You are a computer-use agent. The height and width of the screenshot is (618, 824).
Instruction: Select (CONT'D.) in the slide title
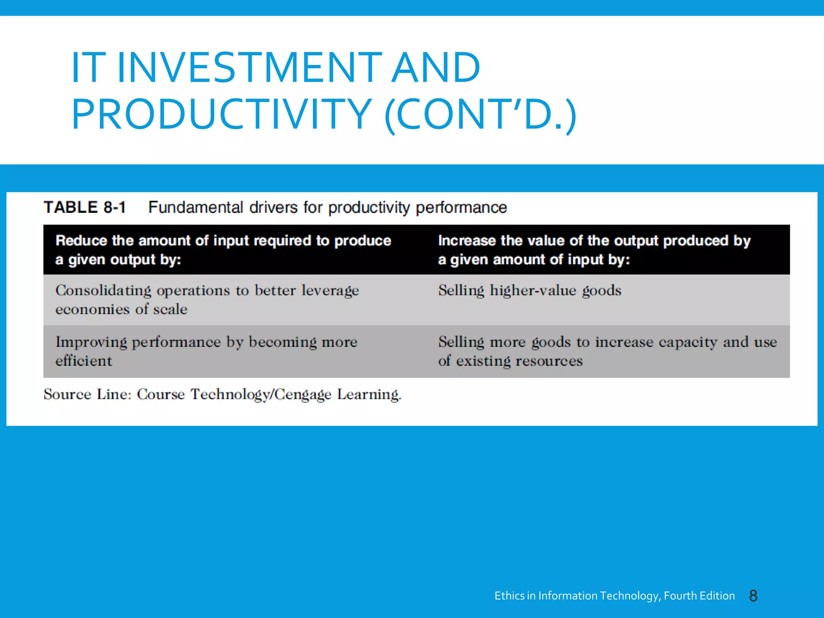pyautogui.click(x=480, y=115)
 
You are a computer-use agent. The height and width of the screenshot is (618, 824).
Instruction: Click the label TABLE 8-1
pyautogui.click(x=85, y=208)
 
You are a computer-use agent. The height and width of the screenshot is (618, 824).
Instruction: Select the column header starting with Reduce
pyautogui.click(x=223, y=250)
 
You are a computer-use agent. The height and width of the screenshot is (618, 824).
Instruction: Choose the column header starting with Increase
pyautogui.click(x=594, y=250)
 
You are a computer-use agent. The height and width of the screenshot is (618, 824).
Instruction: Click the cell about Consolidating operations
pyautogui.click(x=207, y=300)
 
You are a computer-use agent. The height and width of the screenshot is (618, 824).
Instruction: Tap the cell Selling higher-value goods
pyautogui.click(x=529, y=290)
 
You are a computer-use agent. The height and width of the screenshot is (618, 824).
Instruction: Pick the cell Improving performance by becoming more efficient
pyautogui.click(x=206, y=351)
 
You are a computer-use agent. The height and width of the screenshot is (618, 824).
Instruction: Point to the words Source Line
pyautogui.click(x=87, y=394)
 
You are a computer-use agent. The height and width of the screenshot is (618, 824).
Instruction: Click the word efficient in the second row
pyautogui.click(x=84, y=361)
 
